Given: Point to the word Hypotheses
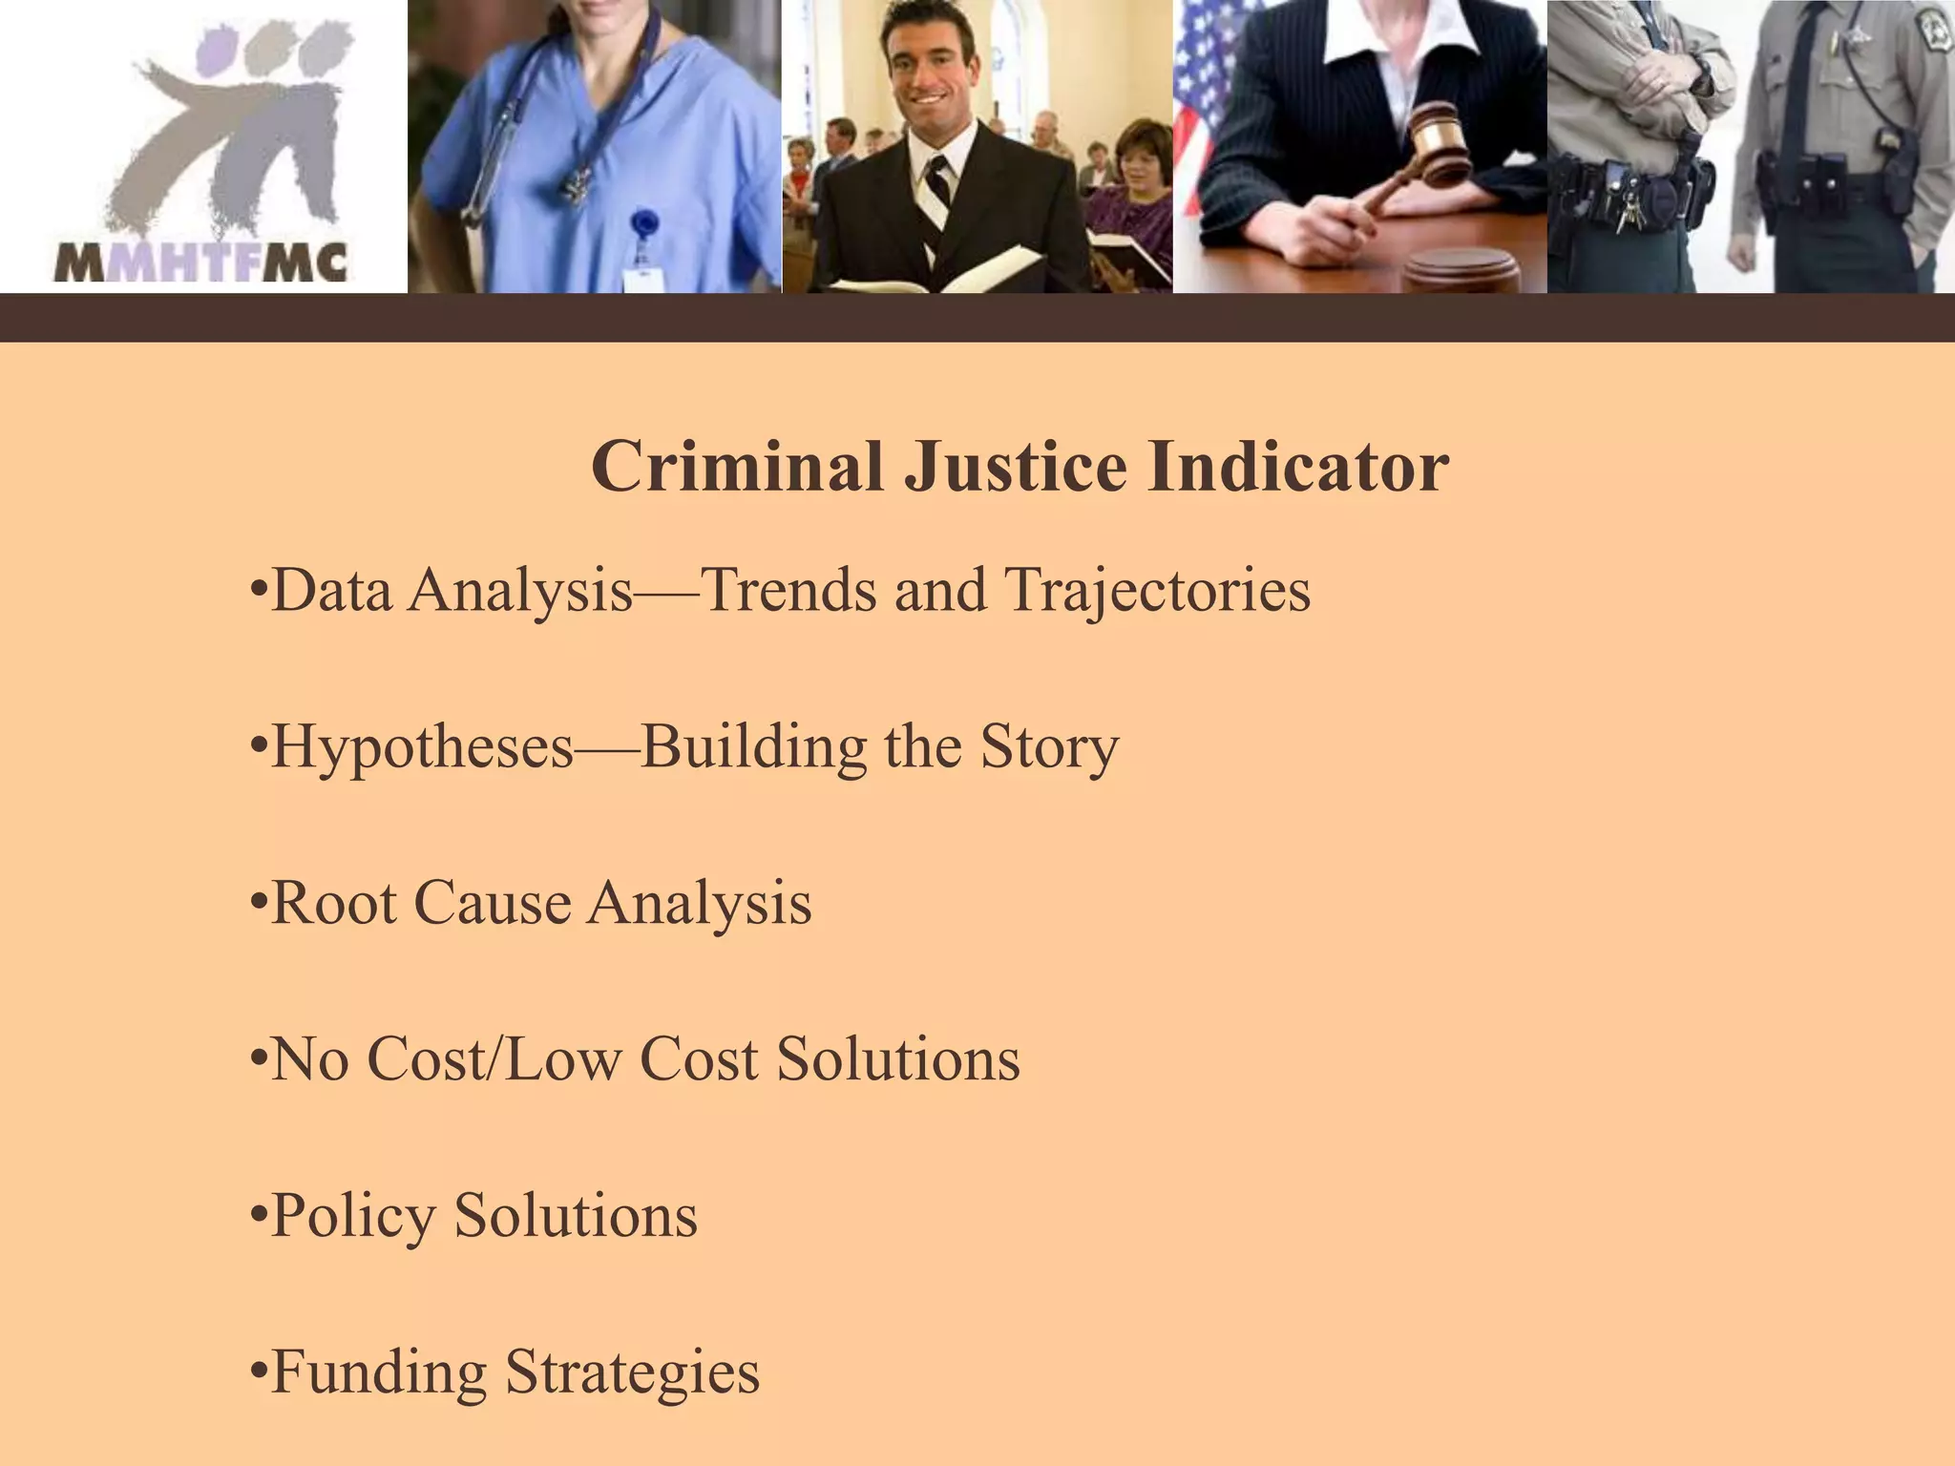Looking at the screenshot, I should click(x=423, y=747).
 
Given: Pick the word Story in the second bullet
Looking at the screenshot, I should click(x=1049, y=747).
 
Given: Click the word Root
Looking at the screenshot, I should click(x=334, y=903).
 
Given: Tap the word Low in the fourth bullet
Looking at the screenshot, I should click(x=563, y=1059).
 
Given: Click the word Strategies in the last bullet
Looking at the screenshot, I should click(x=632, y=1372).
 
